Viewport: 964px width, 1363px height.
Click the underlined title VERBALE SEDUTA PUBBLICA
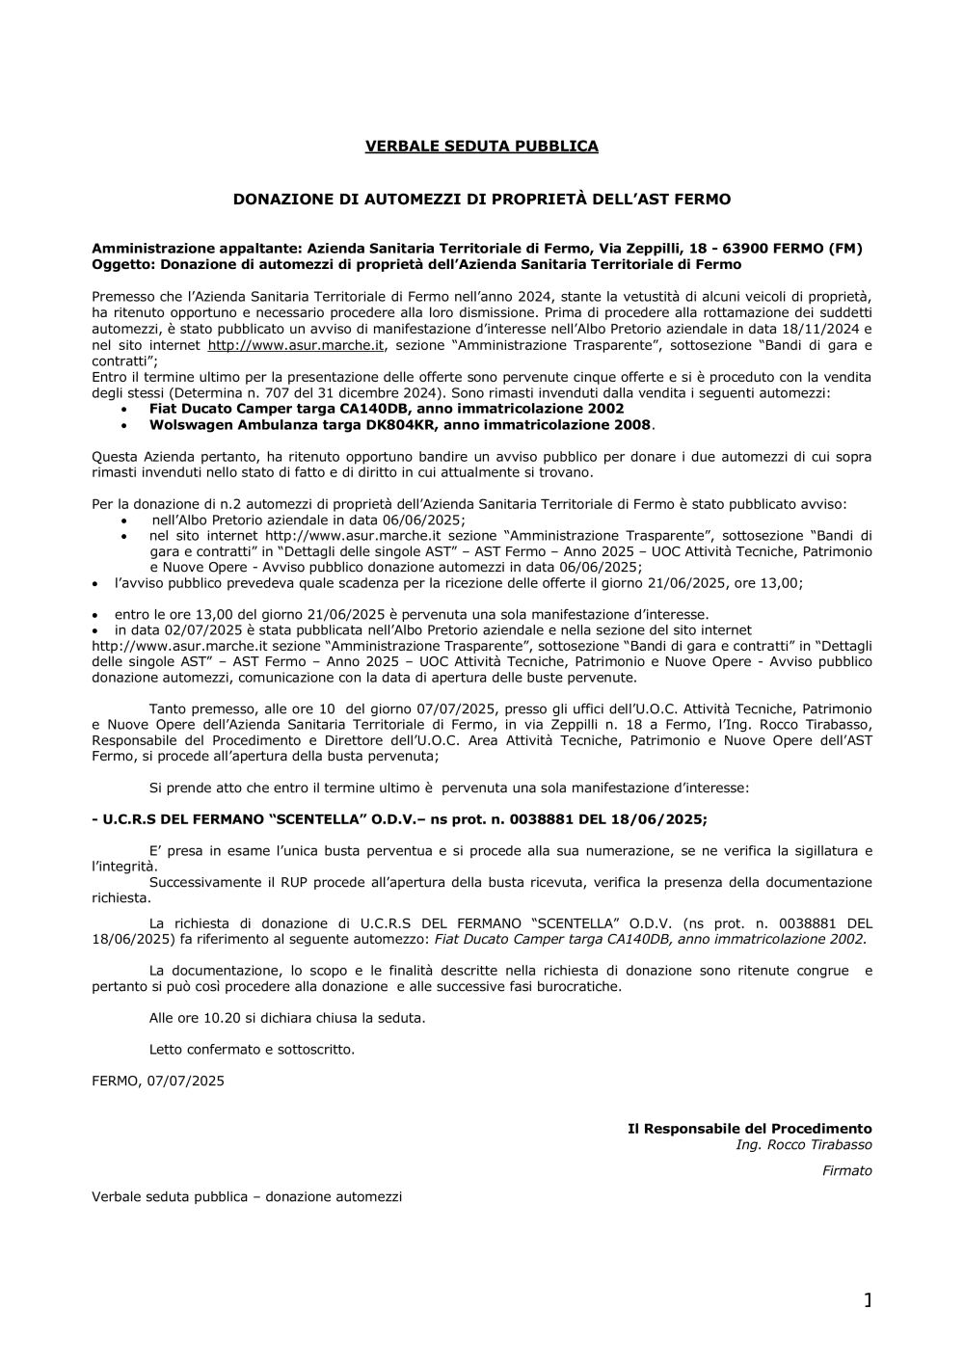point(481,147)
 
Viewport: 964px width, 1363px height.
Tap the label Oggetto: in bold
point(123,264)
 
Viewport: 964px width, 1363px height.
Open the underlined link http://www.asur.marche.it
point(297,345)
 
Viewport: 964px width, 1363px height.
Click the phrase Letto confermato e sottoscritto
point(252,1049)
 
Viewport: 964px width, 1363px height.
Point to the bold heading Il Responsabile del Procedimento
point(749,1129)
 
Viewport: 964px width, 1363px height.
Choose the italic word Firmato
point(846,1171)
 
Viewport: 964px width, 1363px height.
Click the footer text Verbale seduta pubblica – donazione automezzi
point(247,1197)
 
